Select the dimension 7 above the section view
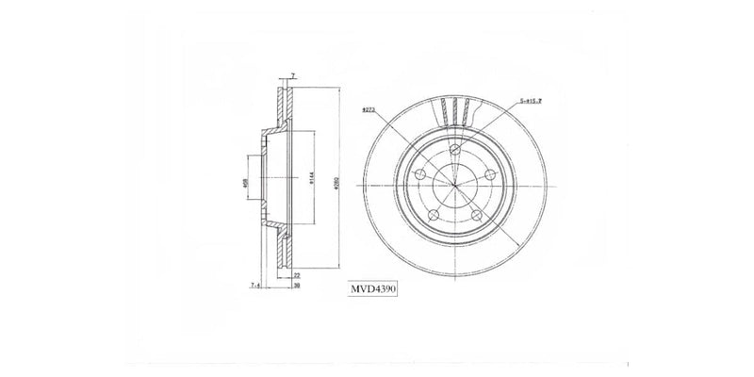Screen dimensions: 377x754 click(x=293, y=74)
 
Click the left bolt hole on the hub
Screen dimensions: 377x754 click(x=420, y=175)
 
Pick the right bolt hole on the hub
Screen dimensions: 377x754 click(x=489, y=175)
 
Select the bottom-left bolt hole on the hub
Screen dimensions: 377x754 click(x=434, y=216)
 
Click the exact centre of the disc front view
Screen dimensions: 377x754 click(x=454, y=185)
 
